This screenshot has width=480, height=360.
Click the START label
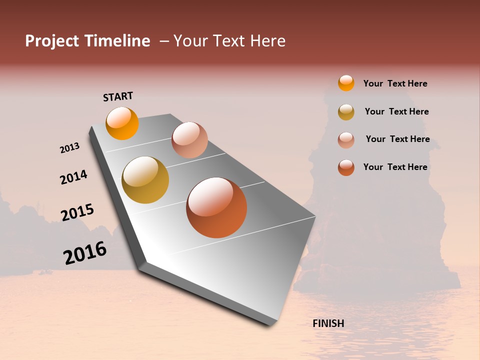pos(118,96)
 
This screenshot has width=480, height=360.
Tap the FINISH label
pos(328,323)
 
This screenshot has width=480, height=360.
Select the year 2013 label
pos(69,148)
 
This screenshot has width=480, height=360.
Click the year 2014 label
pos(73,177)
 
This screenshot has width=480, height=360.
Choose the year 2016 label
pos(85,253)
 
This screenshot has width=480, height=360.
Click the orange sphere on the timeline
pos(122,123)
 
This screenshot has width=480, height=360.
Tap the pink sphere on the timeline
pos(189,140)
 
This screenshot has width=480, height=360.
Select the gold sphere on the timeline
pos(145,180)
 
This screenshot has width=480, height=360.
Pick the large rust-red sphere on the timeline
pos(216,207)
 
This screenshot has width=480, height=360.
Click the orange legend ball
pos(346,83)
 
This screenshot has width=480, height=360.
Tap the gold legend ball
pos(346,112)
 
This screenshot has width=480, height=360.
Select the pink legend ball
pos(346,139)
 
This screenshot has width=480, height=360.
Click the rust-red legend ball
pos(346,167)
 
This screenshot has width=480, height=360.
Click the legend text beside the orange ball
pos(395,83)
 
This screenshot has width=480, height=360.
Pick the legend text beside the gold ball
pos(396,111)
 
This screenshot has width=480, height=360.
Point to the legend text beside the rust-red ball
pos(395,167)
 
